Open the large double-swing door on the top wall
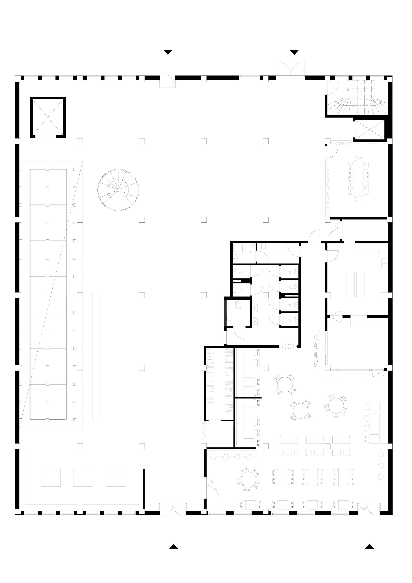pos(291,69)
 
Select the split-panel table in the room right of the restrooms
pos(356,284)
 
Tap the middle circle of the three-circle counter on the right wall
pos(381,465)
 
